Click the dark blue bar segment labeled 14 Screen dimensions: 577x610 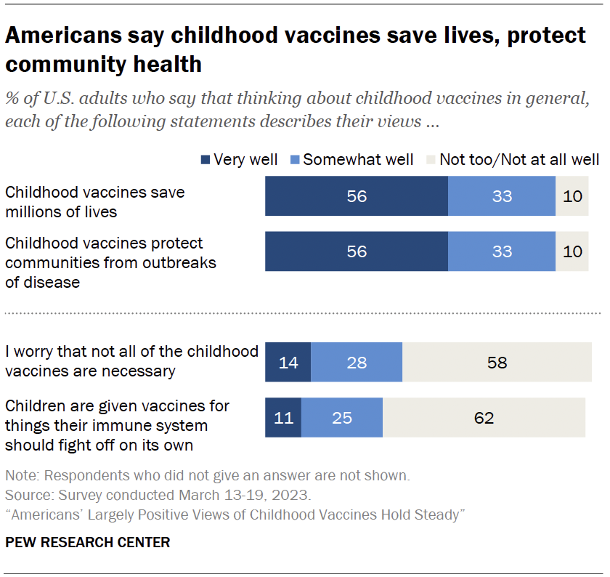pos(288,362)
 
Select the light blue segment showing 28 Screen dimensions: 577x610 pos(357,362)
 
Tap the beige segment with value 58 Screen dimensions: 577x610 pos(497,362)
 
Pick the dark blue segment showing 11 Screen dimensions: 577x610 pos(283,418)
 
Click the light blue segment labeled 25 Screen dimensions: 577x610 pos(342,418)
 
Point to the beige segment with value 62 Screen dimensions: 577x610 pos(484,418)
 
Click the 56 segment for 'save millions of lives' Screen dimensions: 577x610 pos(357,196)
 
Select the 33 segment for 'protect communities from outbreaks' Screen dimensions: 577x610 pos(502,252)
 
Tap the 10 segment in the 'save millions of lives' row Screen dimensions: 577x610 pos(572,196)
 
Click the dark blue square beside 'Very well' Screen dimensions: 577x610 pos(205,160)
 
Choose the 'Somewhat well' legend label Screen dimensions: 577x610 pos(358,160)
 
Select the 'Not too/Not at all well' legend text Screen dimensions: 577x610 pos(519,160)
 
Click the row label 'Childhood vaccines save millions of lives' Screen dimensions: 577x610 pos(94,202)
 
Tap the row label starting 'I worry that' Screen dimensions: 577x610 pos(131,361)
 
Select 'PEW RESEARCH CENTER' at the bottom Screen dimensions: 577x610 pos(88,542)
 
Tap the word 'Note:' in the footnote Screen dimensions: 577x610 pos(22,477)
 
